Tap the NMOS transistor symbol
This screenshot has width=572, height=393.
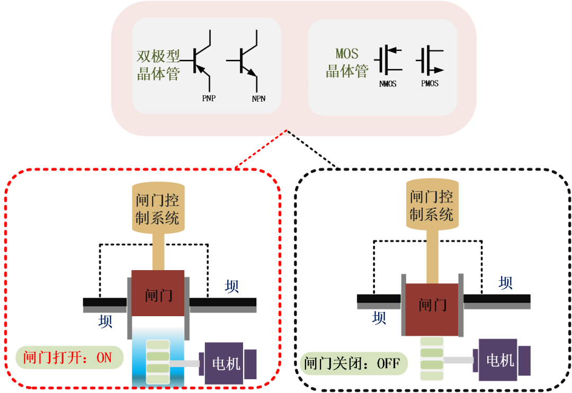tap(388, 59)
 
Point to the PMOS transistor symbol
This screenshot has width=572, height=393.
tap(430, 59)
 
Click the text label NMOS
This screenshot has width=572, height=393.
tap(388, 84)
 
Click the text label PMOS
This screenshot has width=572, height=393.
tap(430, 84)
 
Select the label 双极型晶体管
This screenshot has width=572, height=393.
tap(158, 65)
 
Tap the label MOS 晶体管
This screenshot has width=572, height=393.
tap(347, 62)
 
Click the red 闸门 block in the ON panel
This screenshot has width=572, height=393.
tap(158, 293)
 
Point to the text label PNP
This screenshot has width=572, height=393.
tap(209, 99)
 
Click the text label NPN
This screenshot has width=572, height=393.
tap(258, 99)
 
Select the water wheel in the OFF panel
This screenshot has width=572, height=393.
tap(431, 359)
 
